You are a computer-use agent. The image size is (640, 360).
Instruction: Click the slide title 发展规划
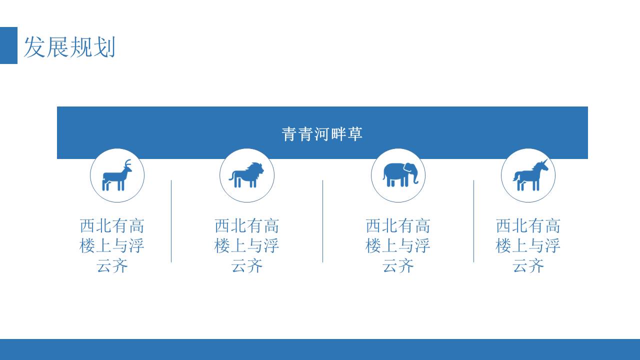click(69, 47)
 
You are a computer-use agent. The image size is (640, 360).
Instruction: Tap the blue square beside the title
click(8, 45)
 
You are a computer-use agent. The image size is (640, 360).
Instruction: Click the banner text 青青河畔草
click(322, 133)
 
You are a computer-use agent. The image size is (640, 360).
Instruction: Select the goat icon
click(117, 175)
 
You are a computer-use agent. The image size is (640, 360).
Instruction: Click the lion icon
click(247, 175)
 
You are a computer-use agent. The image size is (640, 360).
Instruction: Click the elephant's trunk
click(414, 178)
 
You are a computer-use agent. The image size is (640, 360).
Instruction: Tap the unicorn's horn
click(545, 162)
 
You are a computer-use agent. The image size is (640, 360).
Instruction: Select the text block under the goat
click(112, 245)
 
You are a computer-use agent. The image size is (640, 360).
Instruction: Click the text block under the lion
click(247, 245)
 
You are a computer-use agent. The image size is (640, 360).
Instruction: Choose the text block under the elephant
click(398, 245)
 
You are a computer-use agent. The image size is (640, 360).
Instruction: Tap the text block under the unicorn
click(528, 245)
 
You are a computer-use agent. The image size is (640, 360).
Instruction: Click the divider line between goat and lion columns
click(171, 221)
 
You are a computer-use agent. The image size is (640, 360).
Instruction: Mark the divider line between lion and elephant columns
click(322, 221)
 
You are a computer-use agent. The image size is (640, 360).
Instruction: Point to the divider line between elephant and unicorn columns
click(473, 221)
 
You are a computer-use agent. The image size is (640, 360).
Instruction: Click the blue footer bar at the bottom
click(320, 349)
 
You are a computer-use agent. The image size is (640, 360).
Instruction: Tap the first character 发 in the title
click(34, 47)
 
